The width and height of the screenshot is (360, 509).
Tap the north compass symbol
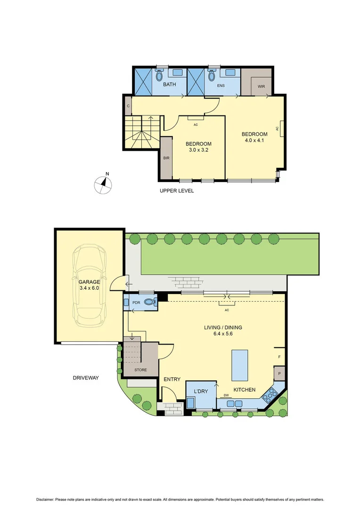click(104, 184)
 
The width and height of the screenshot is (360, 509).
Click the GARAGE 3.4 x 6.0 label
click(89, 284)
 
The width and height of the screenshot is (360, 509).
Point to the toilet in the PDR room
click(149, 303)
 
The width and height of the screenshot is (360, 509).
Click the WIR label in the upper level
click(261, 86)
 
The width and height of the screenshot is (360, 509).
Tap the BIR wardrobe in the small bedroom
click(166, 158)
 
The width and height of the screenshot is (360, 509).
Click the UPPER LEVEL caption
click(177, 191)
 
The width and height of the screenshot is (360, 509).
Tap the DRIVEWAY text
click(86, 378)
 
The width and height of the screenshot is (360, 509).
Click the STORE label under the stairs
click(140, 370)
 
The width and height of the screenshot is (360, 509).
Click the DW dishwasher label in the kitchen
click(226, 395)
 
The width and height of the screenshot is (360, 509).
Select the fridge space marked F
click(279, 357)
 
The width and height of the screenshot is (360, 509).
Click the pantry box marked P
click(279, 374)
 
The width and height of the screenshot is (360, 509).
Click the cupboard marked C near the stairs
click(128, 106)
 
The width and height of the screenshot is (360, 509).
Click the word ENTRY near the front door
click(172, 379)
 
